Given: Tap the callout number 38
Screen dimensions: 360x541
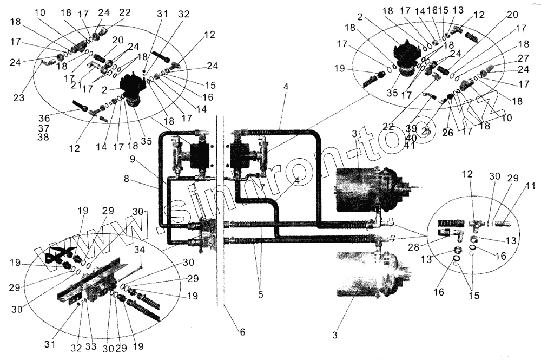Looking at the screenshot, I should pyautogui.click(x=43, y=137).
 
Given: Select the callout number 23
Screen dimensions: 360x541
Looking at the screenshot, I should pyautogui.click(x=19, y=99).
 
